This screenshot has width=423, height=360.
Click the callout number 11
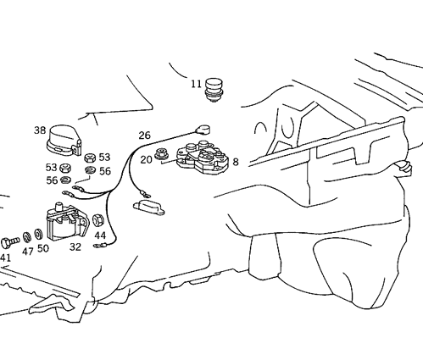pyautogui.click(x=197, y=84)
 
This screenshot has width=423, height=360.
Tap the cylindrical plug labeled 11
pyautogui.click(x=214, y=90)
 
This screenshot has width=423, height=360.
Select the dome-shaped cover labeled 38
pyautogui.click(x=64, y=141)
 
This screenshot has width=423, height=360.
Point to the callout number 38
pyautogui.click(x=40, y=130)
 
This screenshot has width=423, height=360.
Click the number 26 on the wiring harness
pyautogui.click(x=144, y=136)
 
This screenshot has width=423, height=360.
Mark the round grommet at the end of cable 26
pyautogui.click(x=203, y=130)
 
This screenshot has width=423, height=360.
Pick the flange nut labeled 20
pyautogui.click(x=161, y=154)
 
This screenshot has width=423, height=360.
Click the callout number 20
pyautogui.click(x=146, y=160)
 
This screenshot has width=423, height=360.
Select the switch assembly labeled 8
pyautogui.click(x=202, y=158)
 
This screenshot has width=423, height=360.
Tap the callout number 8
pyautogui.click(x=236, y=162)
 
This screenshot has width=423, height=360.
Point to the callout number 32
pyautogui.click(x=75, y=247)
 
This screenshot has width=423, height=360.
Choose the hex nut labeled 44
pyautogui.click(x=98, y=220)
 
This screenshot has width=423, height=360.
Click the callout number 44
pyautogui.click(x=100, y=235)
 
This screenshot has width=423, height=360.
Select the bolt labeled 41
pyautogui.click(x=9, y=242)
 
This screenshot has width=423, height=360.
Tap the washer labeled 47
pyautogui.click(x=27, y=236)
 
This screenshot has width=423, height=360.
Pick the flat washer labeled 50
pyautogui.click(x=38, y=234)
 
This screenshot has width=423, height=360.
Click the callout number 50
pyautogui.click(x=43, y=248)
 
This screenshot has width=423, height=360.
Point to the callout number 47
pyautogui.click(x=27, y=251)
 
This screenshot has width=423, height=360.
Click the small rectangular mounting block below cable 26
pyautogui.click(x=148, y=208)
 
